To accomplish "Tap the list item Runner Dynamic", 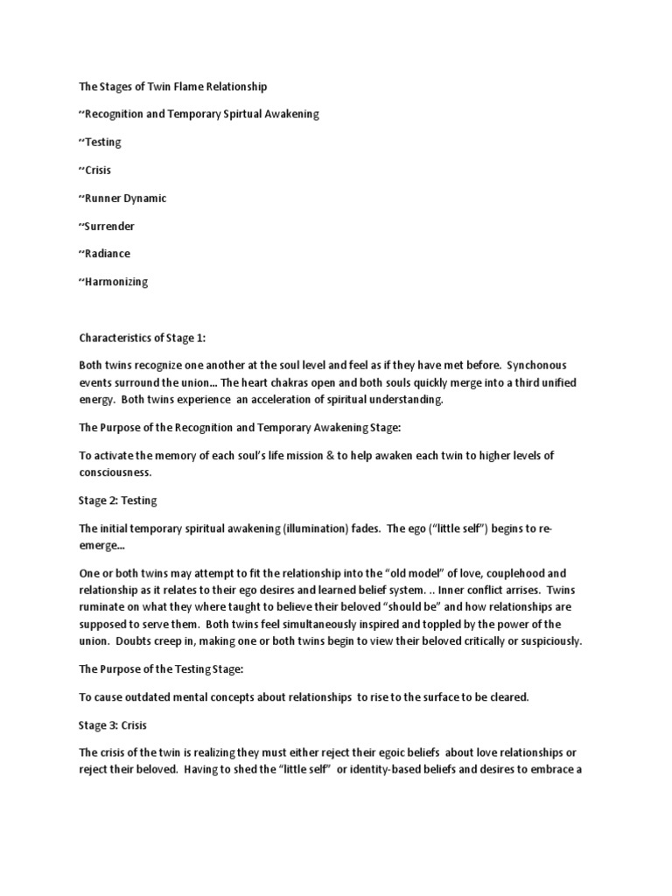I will (x=126, y=199).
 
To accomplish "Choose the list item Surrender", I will (x=110, y=227).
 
